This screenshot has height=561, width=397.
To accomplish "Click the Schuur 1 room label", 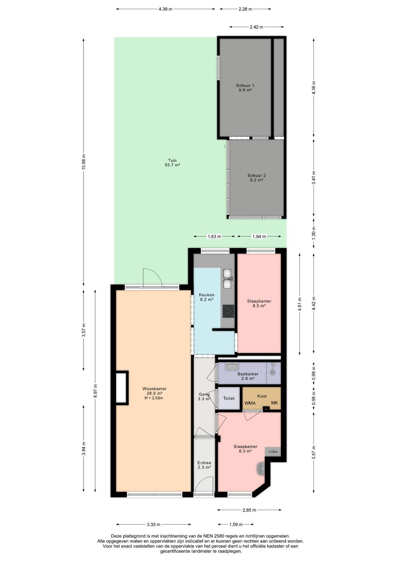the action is tap(245, 88).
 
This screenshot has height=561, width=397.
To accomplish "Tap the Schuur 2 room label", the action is tap(256, 177).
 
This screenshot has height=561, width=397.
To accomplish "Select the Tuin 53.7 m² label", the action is tap(172, 163).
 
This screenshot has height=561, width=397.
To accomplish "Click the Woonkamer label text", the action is tap(155, 389).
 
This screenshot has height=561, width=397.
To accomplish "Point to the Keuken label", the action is tap(207, 295).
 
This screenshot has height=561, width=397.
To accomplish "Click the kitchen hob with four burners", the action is tap(228, 311).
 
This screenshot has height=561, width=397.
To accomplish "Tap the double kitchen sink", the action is tap(228, 278).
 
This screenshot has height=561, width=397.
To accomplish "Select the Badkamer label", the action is tap(248, 374).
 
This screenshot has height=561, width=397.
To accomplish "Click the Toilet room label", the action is tap(229, 398).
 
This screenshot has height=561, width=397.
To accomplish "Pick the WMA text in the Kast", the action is tap(250, 403).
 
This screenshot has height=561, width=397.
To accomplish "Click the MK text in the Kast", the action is tap(275, 403).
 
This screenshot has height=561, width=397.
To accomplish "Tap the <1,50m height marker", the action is tap(273, 452).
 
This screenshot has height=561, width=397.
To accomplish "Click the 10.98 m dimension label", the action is tap(84, 162).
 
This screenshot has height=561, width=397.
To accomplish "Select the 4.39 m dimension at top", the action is tap(165, 9).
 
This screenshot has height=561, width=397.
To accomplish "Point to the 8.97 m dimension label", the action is tap(95, 391).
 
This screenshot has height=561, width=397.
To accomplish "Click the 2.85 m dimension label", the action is tap(249, 510).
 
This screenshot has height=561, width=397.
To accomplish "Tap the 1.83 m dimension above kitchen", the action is tap(214, 236).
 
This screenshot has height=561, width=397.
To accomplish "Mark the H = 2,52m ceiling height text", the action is tap(154, 398).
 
